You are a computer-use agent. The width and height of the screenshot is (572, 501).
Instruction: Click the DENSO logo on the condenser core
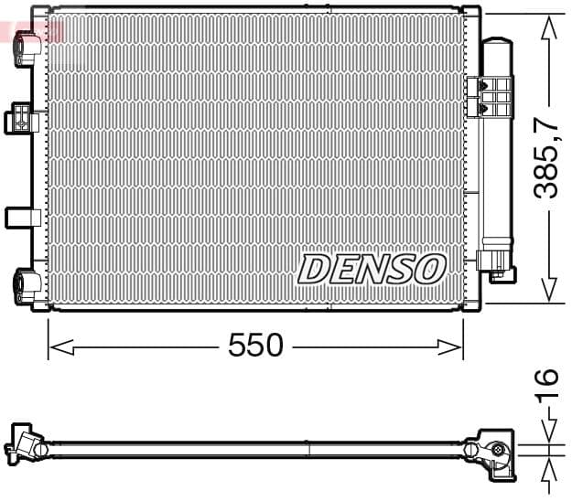(372, 269)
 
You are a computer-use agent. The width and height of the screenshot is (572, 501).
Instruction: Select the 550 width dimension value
(255, 346)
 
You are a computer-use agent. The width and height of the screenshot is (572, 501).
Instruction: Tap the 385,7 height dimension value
(546, 158)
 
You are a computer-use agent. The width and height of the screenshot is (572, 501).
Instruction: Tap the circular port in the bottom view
(497, 449)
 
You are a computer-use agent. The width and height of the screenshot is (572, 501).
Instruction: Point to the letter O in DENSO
(429, 269)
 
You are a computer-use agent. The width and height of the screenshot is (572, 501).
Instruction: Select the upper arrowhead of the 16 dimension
(547, 432)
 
